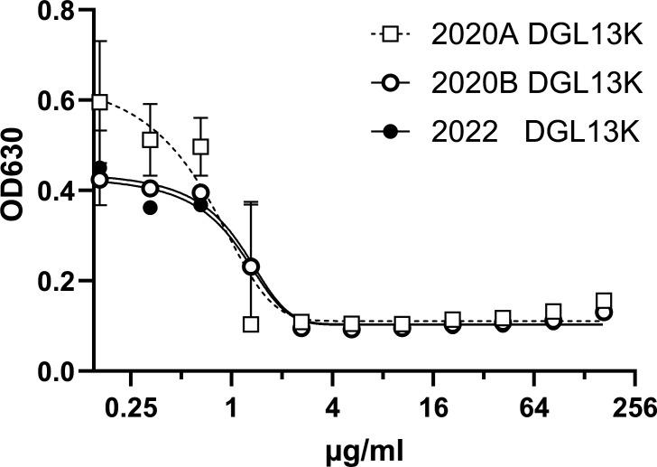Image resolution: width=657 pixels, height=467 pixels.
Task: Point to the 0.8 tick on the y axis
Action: pyautogui.click(x=52, y=12)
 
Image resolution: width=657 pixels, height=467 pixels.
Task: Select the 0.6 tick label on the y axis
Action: pyautogui.click(x=52, y=101)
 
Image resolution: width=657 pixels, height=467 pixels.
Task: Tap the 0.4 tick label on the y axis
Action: pyautogui.click(x=52, y=191)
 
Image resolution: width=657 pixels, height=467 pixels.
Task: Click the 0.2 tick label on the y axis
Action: pyautogui.click(x=52, y=281)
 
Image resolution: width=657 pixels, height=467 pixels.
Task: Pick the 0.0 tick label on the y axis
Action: pyautogui.click(x=52, y=371)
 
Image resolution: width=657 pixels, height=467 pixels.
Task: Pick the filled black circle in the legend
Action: pyautogui.click(x=391, y=132)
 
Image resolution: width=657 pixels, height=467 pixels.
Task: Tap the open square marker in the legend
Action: pyautogui.click(x=391, y=37)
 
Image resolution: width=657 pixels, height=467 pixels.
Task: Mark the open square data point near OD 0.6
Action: pyautogui.click(x=99, y=102)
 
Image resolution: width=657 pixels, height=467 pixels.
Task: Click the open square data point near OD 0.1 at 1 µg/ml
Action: pyautogui.click(x=251, y=324)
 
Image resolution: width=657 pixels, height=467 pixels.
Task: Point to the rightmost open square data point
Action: pyautogui.click(x=604, y=301)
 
